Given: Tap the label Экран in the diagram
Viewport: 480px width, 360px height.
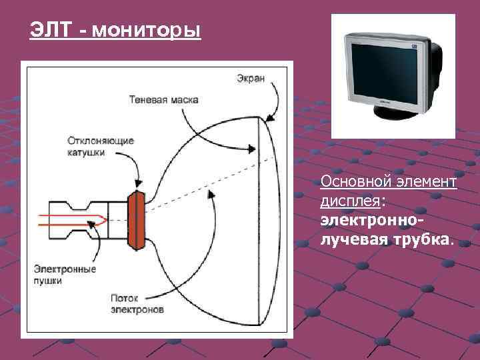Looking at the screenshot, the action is tap(250, 79).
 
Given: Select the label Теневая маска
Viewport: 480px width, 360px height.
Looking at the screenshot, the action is tap(163, 100).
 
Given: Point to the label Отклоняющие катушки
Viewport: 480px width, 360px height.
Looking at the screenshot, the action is tap(100, 147).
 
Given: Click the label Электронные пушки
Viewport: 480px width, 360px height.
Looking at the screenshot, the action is tap(65, 275).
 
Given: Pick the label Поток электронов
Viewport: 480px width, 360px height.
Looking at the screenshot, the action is tap(137, 304).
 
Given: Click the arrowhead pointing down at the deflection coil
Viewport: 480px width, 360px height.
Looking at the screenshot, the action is tap(137, 182).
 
